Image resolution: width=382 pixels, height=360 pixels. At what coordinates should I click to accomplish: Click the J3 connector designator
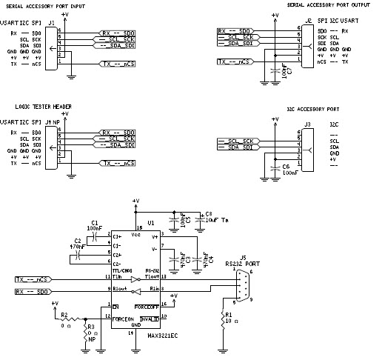[x=307, y=124]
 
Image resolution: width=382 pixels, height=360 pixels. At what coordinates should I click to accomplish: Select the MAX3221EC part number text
[x=163, y=335]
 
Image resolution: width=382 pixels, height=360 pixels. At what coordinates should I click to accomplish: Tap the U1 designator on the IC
[x=150, y=222]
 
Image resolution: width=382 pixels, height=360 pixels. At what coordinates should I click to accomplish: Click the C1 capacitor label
[x=94, y=222]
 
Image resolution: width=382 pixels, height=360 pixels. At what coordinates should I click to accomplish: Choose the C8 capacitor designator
[x=208, y=213]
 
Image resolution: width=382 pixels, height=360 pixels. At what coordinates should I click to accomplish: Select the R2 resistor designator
[x=64, y=314]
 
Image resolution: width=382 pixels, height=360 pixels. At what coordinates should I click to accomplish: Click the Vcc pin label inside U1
[x=135, y=234]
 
